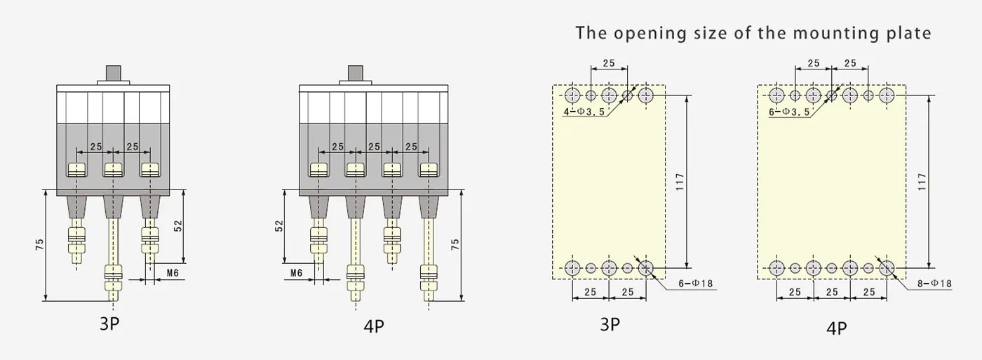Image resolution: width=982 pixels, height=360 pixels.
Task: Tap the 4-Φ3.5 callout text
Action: [x=584, y=112]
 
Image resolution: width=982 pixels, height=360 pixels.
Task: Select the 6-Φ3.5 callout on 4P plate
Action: [x=789, y=112]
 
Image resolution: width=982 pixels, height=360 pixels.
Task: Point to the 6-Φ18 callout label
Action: [x=696, y=284]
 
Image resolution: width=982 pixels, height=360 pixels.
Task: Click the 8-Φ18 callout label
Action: [x=934, y=284]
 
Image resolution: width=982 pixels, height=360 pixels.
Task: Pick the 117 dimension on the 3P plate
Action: [x=680, y=182]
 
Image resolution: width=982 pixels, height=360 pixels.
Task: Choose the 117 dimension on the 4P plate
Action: [x=922, y=182]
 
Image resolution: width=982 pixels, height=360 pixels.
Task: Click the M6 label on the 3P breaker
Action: [x=173, y=273]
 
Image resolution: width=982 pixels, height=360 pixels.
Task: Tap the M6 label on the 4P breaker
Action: [x=296, y=273]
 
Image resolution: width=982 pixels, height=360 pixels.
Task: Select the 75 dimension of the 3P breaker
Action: [x=39, y=245]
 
